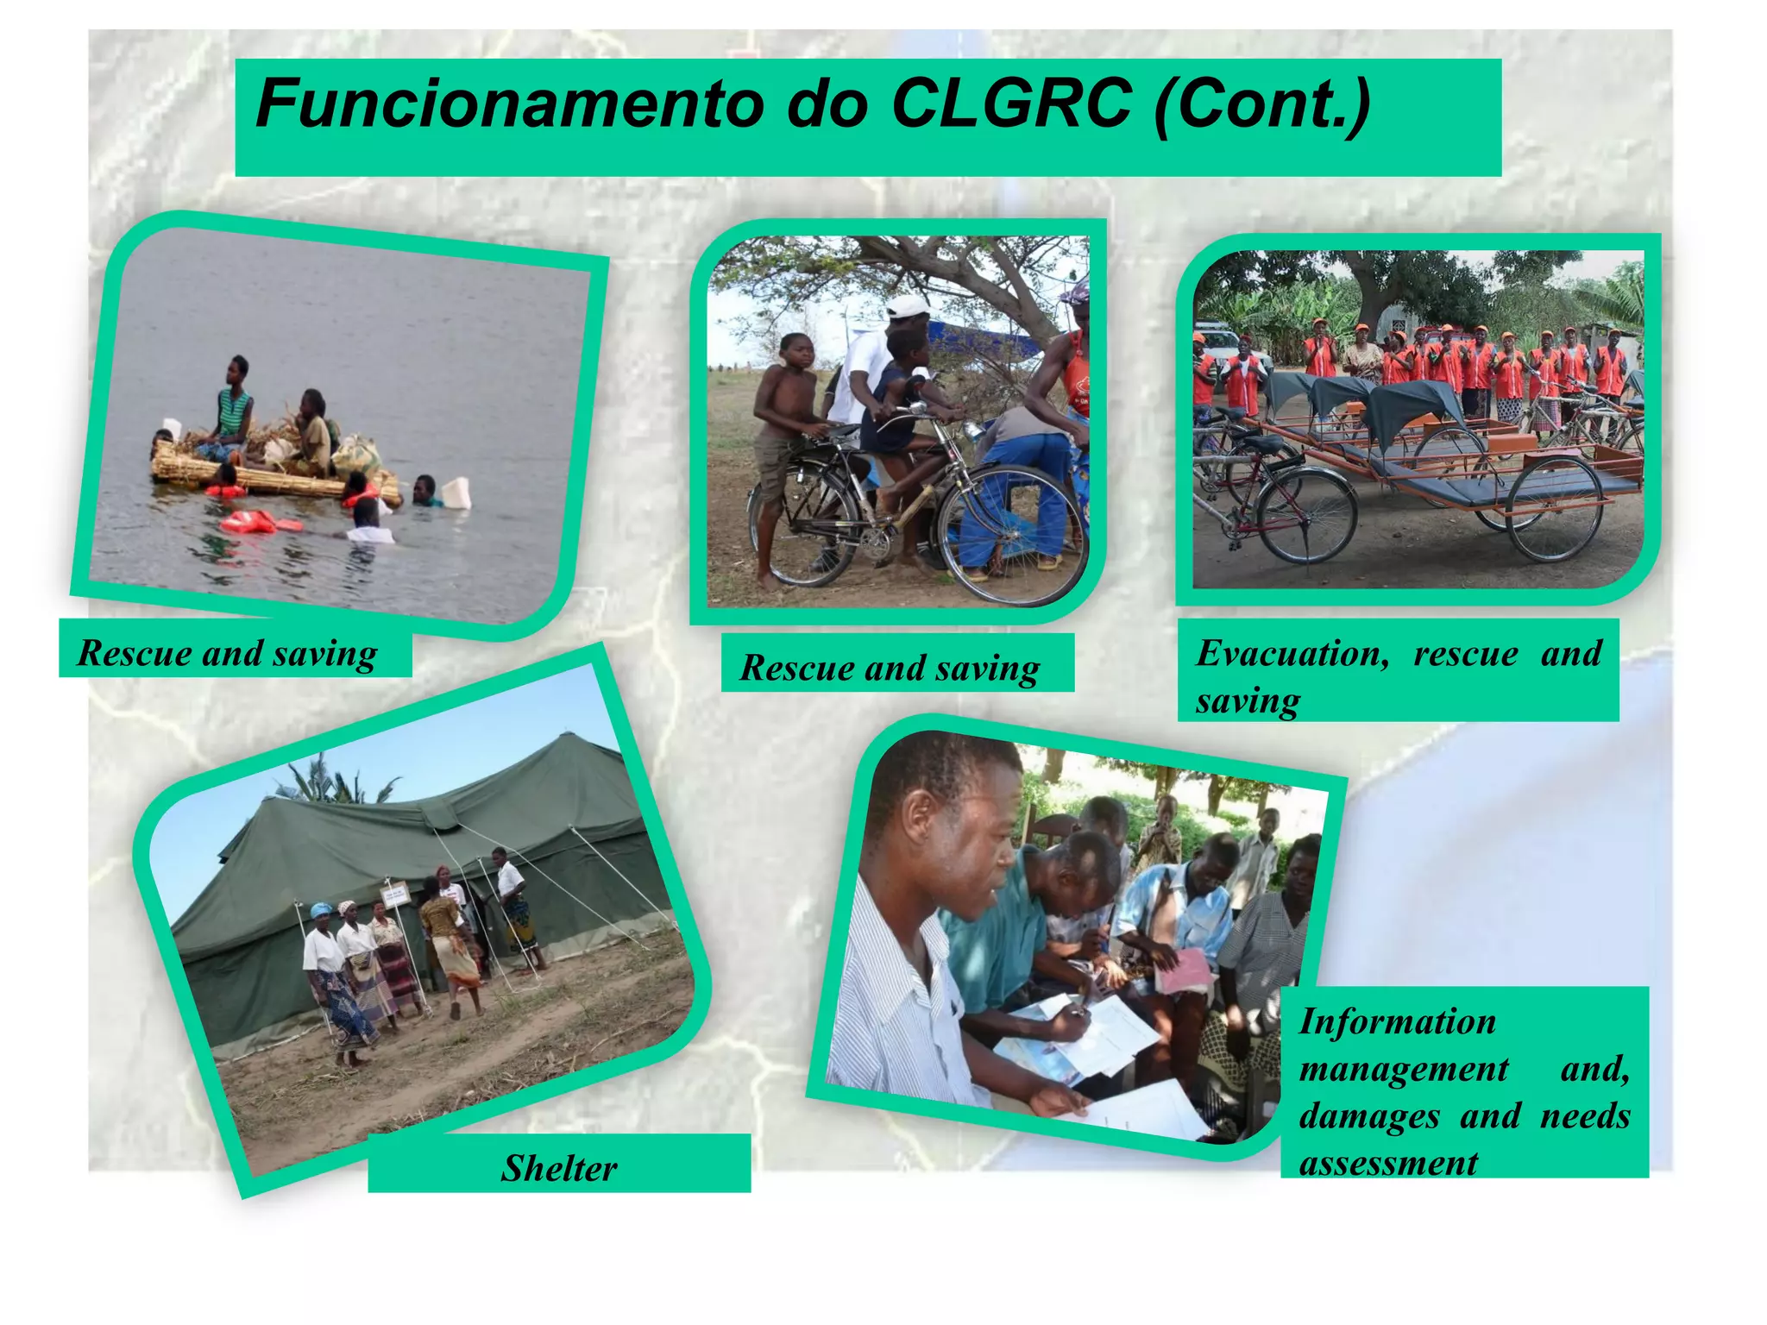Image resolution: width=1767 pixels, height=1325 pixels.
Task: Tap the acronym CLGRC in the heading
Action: point(1010,104)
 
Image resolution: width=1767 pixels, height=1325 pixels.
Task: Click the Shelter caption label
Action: point(559,1168)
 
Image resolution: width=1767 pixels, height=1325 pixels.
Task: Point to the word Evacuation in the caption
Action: point(1292,653)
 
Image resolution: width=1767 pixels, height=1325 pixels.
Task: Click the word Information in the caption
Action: point(1397,1021)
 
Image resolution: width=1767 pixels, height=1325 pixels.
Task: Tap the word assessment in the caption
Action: point(1388,1163)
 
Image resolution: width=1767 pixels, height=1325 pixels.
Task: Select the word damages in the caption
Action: point(1369,1115)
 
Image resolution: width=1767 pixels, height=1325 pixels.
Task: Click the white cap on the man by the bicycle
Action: point(908,306)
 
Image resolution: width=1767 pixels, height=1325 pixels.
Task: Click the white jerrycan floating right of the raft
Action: point(456,493)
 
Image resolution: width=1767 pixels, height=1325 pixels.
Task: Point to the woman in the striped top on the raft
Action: point(230,405)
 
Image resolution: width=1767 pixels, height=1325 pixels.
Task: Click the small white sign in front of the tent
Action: point(395,894)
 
